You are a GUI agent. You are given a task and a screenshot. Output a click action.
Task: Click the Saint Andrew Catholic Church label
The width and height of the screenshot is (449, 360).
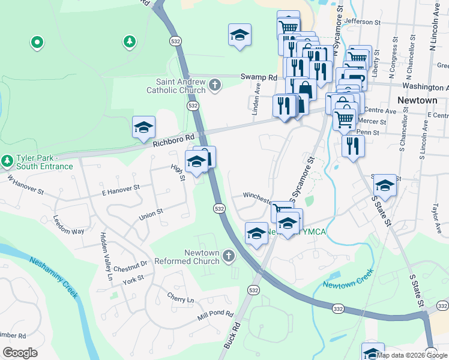[176, 86]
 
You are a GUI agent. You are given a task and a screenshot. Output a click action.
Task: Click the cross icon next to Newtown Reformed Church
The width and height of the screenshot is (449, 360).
[228, 257]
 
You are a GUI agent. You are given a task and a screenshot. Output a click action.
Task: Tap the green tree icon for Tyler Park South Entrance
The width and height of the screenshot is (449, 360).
[7, 161]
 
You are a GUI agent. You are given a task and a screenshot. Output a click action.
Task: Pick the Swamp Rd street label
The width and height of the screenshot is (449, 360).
[259, 77]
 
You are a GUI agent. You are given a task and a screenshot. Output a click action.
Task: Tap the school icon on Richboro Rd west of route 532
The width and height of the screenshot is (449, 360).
[144, 127]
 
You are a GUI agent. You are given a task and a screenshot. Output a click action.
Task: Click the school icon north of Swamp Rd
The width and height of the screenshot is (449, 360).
[240, 34]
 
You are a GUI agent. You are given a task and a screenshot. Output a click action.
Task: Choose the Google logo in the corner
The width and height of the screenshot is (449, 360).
[20, 353]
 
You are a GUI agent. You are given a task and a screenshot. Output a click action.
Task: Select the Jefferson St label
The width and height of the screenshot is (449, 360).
[363, 22]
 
